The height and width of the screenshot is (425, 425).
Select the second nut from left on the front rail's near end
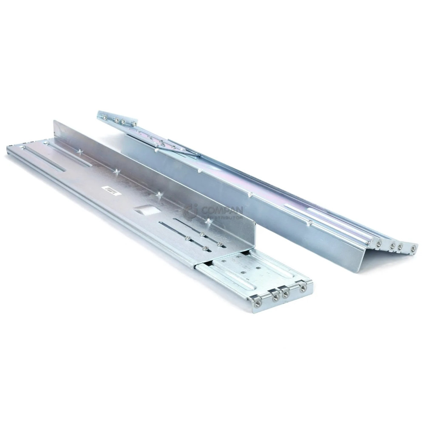click(275, 297)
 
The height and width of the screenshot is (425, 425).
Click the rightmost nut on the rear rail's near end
click(413, 248)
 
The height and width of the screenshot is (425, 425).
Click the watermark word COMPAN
click(223, 210)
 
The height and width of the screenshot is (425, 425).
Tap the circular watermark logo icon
click(190, 211)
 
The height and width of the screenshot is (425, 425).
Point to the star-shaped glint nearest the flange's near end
click(208, 221)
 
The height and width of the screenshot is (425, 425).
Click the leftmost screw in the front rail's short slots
click(187, 239)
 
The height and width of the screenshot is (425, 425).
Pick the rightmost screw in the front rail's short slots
click(220, 244)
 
